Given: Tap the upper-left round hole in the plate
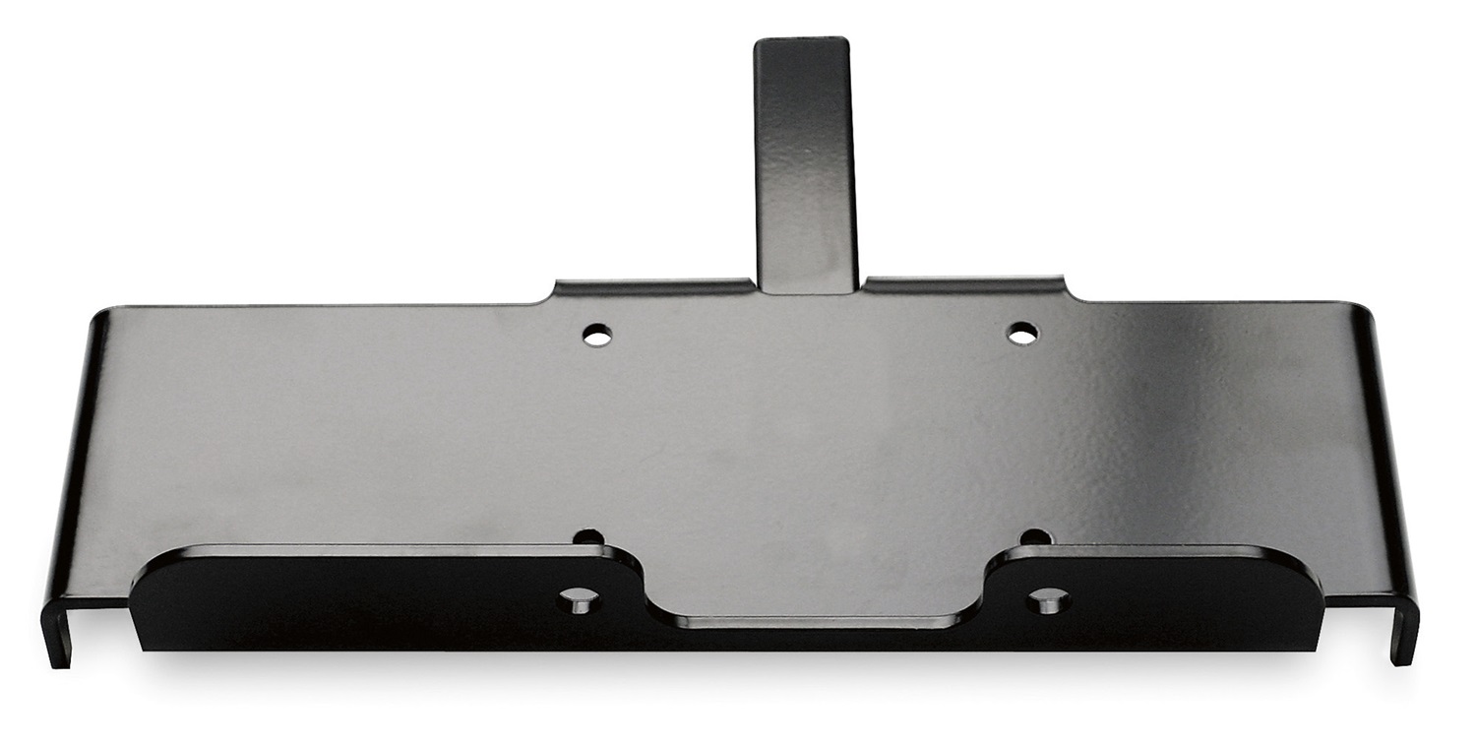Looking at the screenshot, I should [x=594, y=336].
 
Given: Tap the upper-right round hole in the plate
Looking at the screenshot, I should [x=1022, y=333].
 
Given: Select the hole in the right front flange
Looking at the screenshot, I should [x=1045, y=598].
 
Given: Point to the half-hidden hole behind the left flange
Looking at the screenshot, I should [x=588, y=538].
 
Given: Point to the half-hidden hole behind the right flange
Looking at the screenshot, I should [x=1035, y=537].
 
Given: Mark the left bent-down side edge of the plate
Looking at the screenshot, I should [x=79, y=472].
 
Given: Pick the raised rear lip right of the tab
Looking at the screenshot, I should [x=964, y=284].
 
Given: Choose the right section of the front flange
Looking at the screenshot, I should [x=1181, y=600].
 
